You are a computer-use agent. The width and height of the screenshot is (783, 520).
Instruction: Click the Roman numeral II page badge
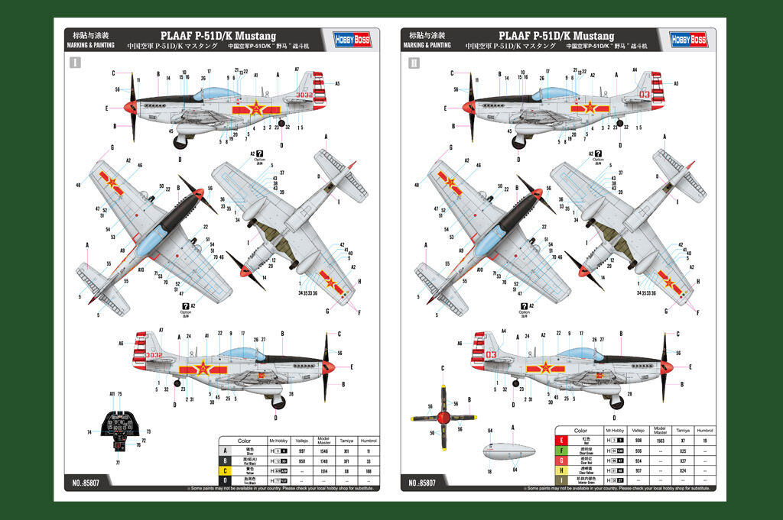[x=414, y=63]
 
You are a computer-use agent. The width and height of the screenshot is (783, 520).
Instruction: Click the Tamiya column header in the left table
[x=346, y=441]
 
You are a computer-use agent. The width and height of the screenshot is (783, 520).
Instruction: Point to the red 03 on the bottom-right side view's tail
[x=490, y=354]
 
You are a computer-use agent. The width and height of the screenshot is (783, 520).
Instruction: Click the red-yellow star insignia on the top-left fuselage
[x=254, y=108]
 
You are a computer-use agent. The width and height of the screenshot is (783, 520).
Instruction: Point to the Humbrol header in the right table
[x=704, y=431]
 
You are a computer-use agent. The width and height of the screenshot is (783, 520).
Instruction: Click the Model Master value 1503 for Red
[x=661, y=441]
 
